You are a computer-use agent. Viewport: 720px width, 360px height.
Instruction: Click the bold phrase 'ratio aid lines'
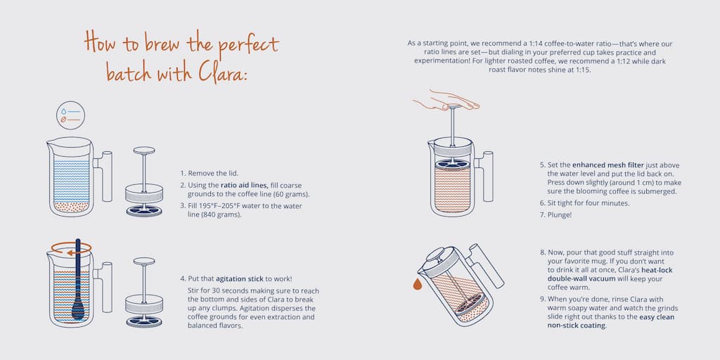244,184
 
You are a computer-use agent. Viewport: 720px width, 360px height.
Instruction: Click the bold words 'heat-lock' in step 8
643,270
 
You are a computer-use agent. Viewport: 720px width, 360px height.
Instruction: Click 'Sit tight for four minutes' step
584,202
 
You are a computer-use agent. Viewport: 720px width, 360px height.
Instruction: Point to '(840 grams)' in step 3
219,214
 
